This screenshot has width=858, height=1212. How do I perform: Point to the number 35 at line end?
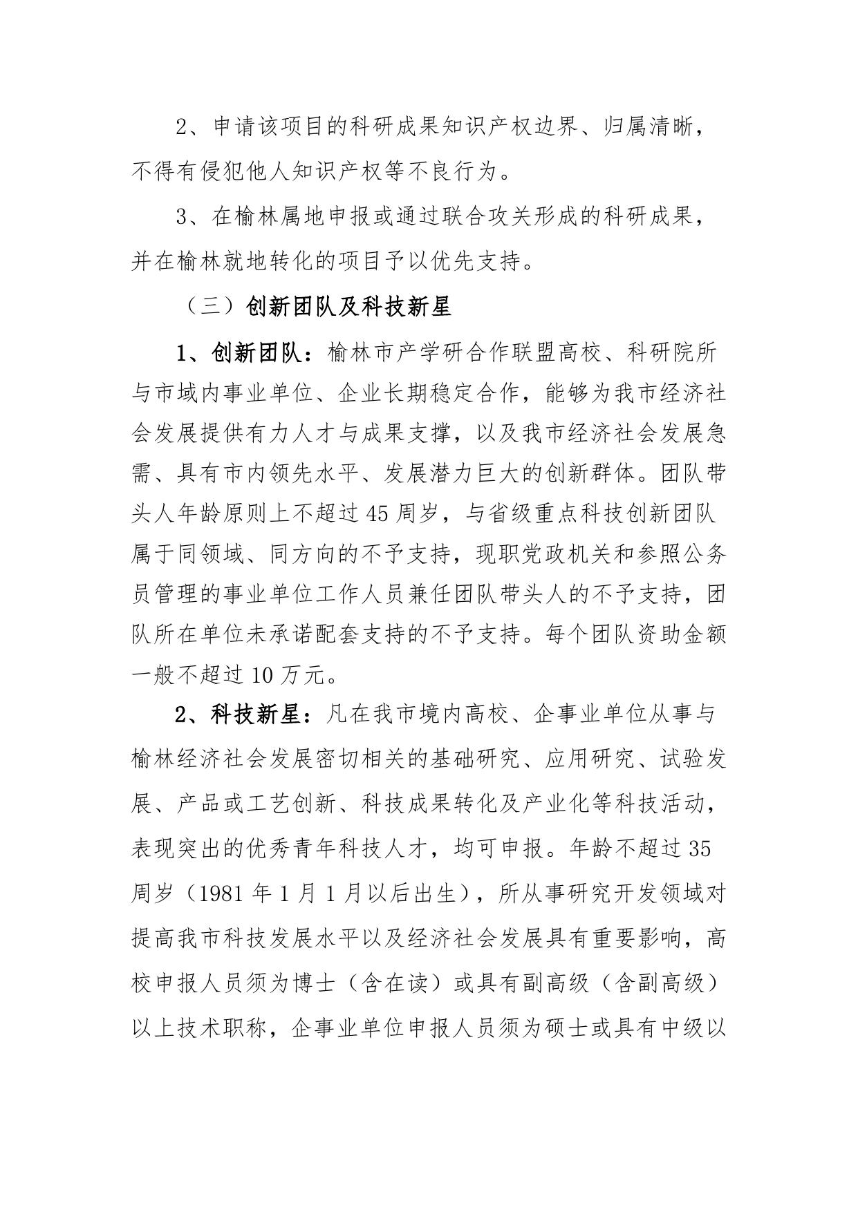tap(700, 849)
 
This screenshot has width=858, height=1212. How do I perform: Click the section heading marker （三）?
tap(211, 307)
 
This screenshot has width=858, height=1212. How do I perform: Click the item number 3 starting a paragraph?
tap(183, 216)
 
